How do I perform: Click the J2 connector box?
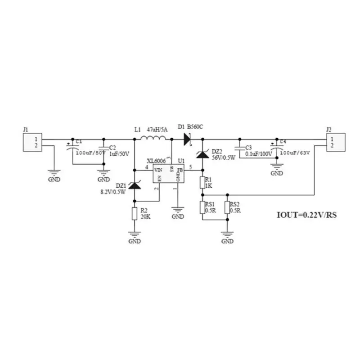point(335,143)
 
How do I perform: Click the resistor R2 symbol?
point(135,213)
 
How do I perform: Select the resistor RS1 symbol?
point(202,207)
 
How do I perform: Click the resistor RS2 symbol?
point(227,207)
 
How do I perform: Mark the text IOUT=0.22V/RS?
point(306,215)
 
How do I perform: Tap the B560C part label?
point(195,127)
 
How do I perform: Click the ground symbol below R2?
point(135,234)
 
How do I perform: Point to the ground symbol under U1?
point(178,210)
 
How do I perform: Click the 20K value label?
point(145,216)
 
